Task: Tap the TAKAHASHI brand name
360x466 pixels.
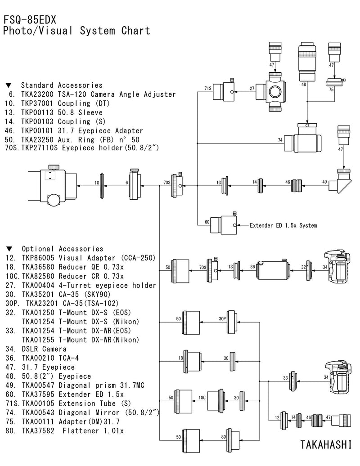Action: pos(326,444)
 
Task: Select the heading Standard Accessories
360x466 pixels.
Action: pos(62,85)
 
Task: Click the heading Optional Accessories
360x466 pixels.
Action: pos(62,249)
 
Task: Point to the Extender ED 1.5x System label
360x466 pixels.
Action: pos(283,225)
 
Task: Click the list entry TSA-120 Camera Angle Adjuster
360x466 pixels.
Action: pos(117,94)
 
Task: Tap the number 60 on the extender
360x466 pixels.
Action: pos(207,222)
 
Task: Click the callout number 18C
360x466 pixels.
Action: pos(202,398)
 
